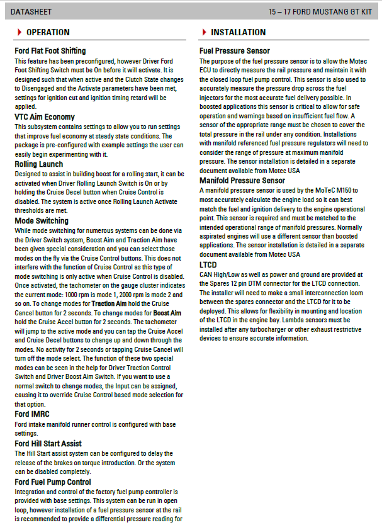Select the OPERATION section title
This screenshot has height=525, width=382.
[48, 32]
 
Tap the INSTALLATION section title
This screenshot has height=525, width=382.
[239, 32]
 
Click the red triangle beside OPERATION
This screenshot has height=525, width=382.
[20, 32]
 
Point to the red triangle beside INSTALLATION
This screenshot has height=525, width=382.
[204, 32]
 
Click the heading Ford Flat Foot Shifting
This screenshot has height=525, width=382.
[50, 51]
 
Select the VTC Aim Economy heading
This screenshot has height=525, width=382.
[44, 117]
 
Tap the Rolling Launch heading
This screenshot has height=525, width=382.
[40, 164]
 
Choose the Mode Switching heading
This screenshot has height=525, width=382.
[42, 221]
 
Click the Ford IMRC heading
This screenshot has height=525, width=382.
[32, 414]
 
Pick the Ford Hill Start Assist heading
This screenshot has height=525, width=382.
[48, 443]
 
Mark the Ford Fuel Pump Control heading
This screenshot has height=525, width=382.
[52, 482]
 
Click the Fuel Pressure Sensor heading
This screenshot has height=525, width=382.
[234, 51]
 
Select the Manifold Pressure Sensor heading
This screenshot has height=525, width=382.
[242, 181]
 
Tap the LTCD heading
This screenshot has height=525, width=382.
[208, 265]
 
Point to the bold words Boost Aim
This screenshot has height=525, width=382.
[167, 313]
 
